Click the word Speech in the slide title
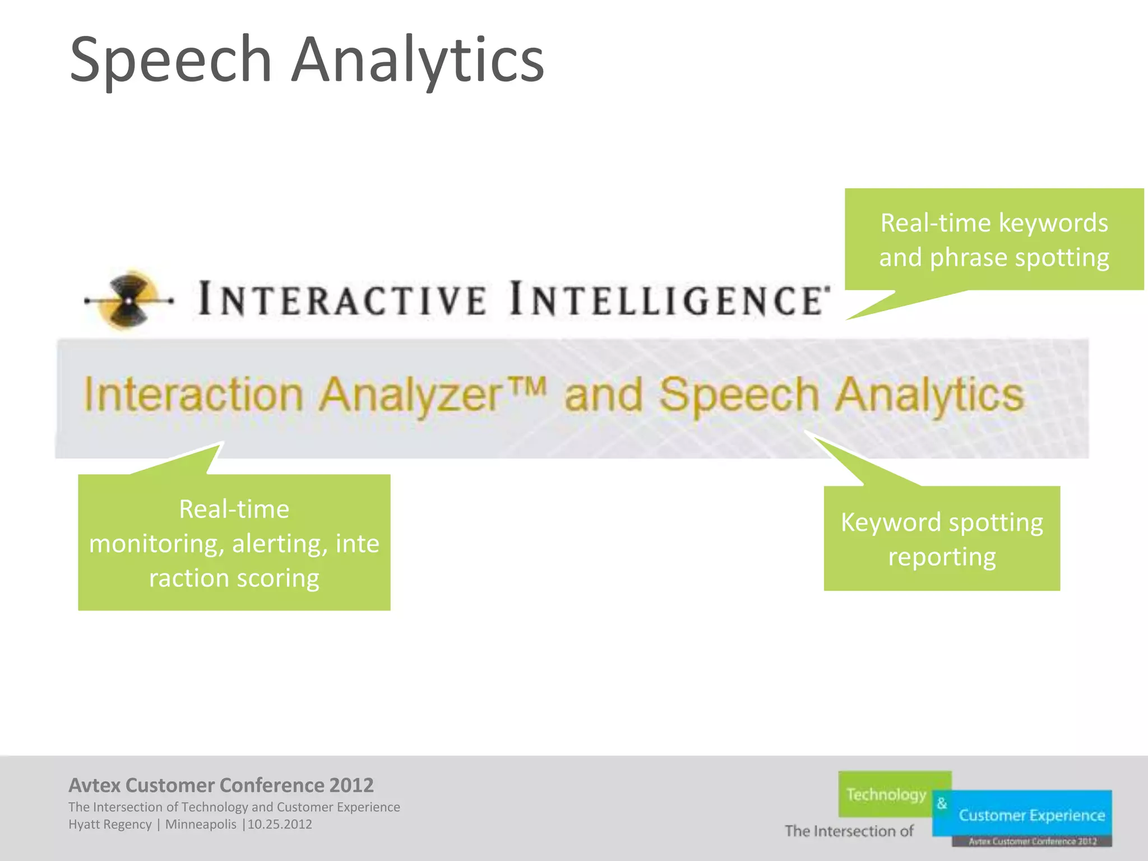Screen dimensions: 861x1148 171,61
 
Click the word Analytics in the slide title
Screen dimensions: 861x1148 418,61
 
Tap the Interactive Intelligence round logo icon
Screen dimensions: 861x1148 129,300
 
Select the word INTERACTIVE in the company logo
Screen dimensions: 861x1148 342,299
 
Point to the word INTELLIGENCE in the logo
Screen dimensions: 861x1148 667,299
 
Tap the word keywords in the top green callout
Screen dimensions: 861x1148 1053,223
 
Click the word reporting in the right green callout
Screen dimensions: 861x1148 942,557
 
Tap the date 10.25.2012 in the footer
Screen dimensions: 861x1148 280,825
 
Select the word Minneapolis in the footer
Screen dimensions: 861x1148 201,825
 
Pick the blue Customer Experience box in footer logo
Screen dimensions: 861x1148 1031,815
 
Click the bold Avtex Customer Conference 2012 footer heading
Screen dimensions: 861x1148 221,785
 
